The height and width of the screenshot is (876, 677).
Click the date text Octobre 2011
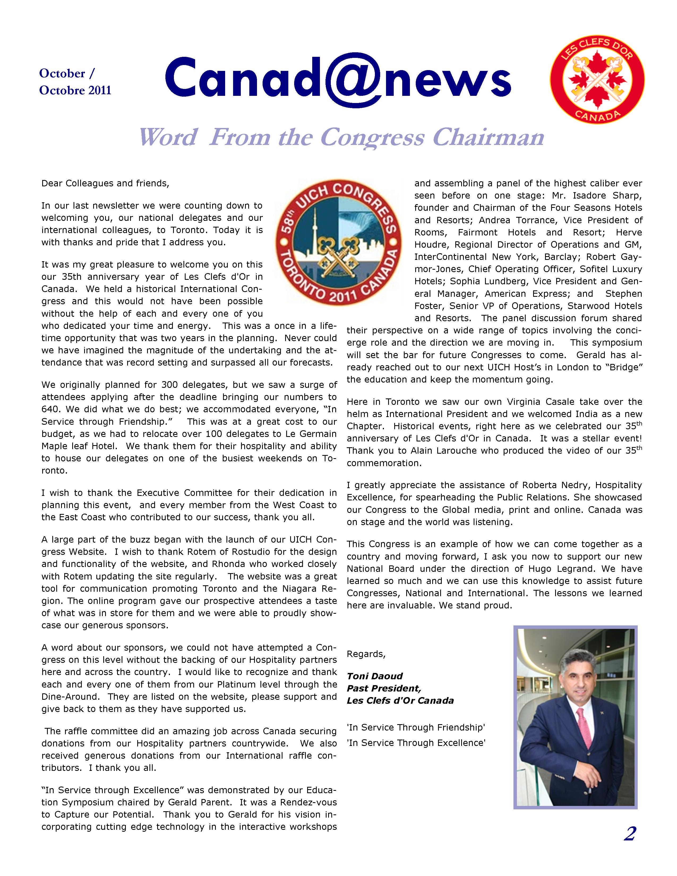[x=75, y=90]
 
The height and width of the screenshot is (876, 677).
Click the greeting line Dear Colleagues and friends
[x=105, y=183]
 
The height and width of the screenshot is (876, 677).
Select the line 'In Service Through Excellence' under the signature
[x=416, y=743]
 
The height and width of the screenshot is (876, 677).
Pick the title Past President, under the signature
[x=384, y=688]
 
